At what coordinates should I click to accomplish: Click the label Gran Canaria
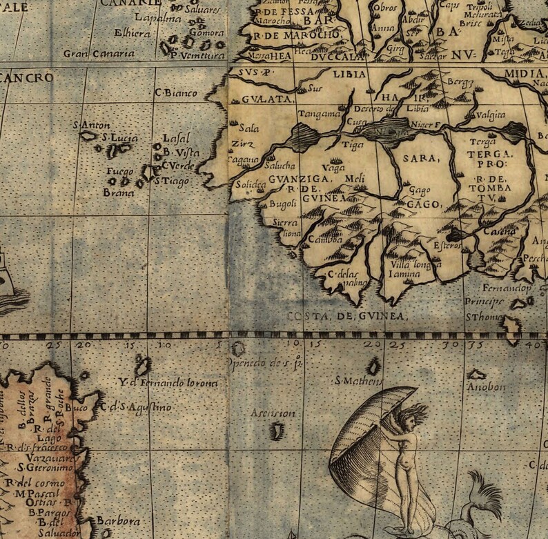coord(99,54)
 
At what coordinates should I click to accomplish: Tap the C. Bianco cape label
coord(177,92)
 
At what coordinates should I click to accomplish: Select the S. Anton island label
coord(90,126)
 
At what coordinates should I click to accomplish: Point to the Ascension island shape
coord(278,432)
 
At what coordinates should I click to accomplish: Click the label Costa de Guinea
coord(346,316)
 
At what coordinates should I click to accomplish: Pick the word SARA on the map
coord(420,159)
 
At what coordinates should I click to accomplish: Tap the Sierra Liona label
coord(286,228)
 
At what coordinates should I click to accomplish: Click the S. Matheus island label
coord(358,380)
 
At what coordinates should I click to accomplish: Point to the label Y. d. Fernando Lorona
coord(168,382)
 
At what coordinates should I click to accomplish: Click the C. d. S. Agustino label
coord(135,407)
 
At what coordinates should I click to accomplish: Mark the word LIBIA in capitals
coord(348,75)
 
